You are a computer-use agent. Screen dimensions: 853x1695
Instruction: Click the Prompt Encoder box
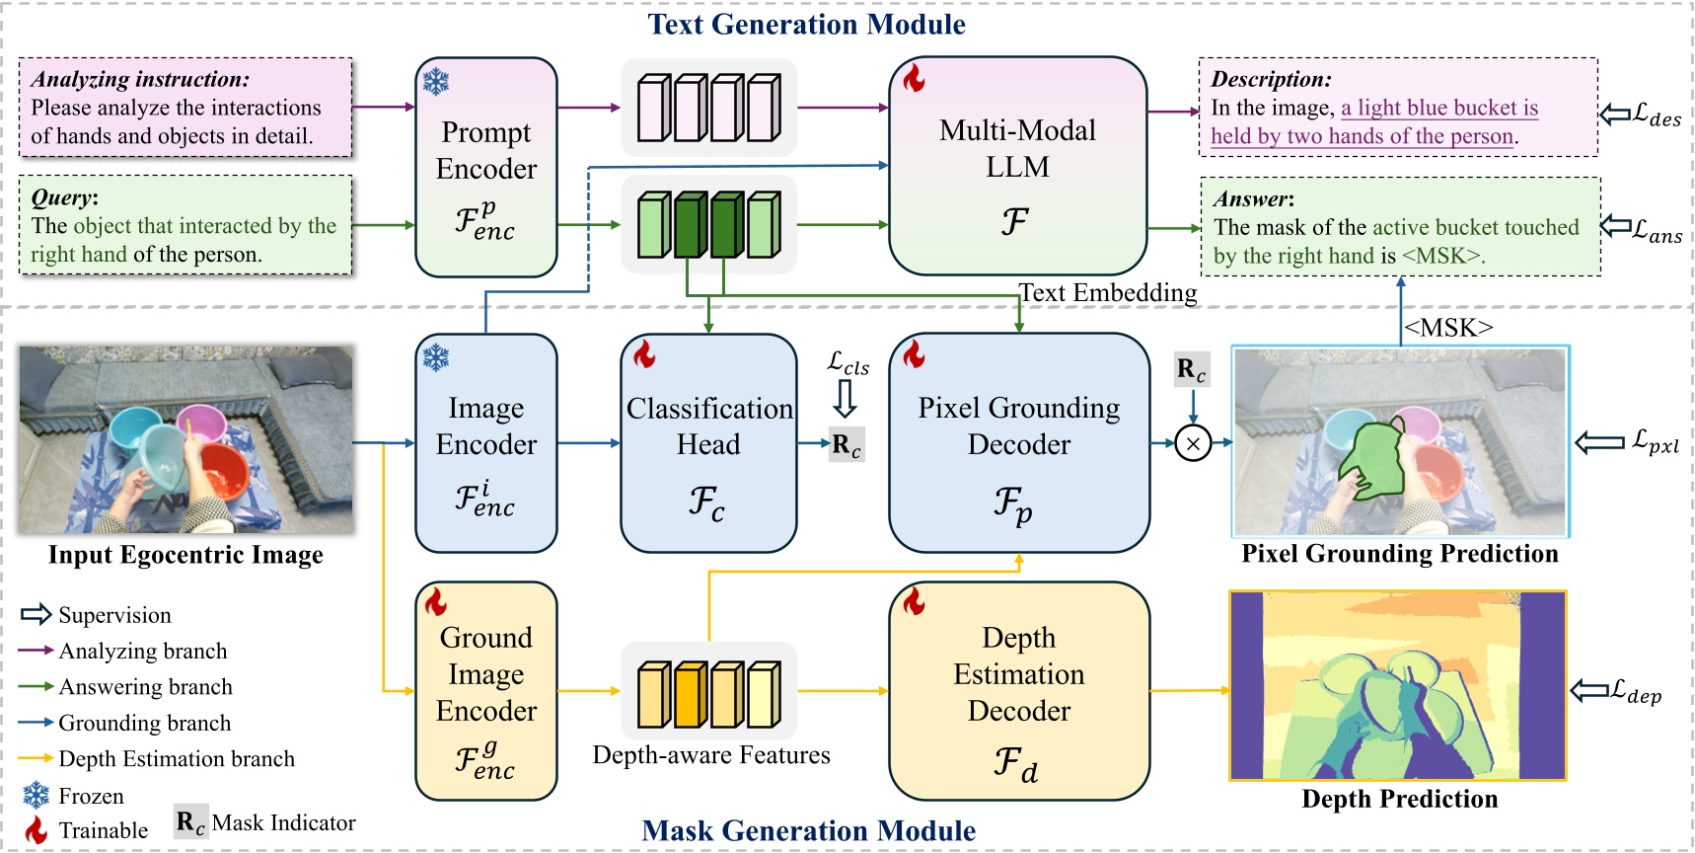coord(486,167)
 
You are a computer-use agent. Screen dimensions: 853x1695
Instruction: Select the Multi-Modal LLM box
coord(1017,165)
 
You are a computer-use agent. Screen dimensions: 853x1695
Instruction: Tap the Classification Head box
coord(708,442)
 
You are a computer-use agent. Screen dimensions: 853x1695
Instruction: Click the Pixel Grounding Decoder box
coord(1018,442)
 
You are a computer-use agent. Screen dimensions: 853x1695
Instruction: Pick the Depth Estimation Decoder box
coord(1018,690)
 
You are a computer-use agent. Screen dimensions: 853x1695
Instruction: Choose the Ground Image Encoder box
coord(486,690)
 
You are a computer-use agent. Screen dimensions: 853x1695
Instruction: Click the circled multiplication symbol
coord(1193,444)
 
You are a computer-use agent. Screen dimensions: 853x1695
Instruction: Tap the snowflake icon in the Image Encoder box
coord(436,357)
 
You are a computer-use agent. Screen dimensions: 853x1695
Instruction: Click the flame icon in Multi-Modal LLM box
coord(915,79)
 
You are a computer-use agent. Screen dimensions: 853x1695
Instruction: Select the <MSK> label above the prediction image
coord(1447,328)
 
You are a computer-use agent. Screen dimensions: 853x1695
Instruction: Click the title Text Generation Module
coord(806,25)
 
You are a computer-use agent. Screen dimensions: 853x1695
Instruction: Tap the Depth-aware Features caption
coord(711,755)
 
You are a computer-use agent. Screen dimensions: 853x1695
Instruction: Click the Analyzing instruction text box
coord(185,108)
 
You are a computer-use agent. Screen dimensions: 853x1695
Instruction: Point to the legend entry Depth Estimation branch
coord(177,759)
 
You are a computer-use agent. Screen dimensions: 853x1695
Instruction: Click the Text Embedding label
coord(1107,293)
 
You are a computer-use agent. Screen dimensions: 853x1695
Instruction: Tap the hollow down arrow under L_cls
coord(846,399)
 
